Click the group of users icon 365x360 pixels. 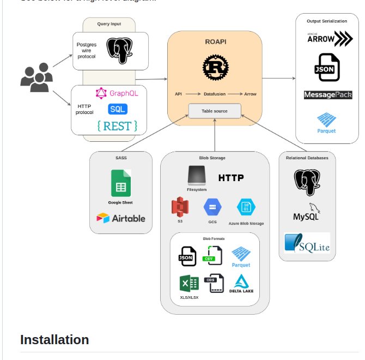36,77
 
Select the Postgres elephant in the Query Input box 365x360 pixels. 120,51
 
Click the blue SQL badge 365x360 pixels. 118,109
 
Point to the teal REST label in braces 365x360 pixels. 117,126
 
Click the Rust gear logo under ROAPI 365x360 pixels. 215,68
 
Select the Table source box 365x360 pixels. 214,111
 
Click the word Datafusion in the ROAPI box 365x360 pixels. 215,94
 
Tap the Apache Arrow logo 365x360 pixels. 329,39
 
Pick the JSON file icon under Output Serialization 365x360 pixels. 327,68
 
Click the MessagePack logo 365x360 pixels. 328,95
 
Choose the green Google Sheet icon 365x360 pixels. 120,183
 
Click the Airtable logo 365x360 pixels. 121,218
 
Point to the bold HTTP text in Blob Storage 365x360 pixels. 231,178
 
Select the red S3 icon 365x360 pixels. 180,207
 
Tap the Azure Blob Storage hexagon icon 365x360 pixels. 246,207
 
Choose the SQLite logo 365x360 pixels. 307,243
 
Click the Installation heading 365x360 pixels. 54,340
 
